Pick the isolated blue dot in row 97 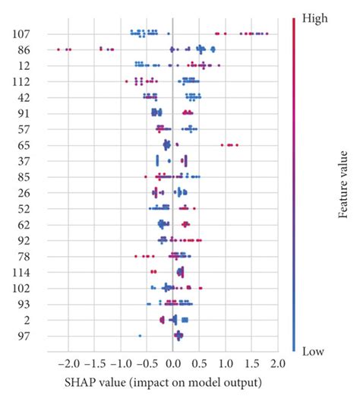pos(140,336)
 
